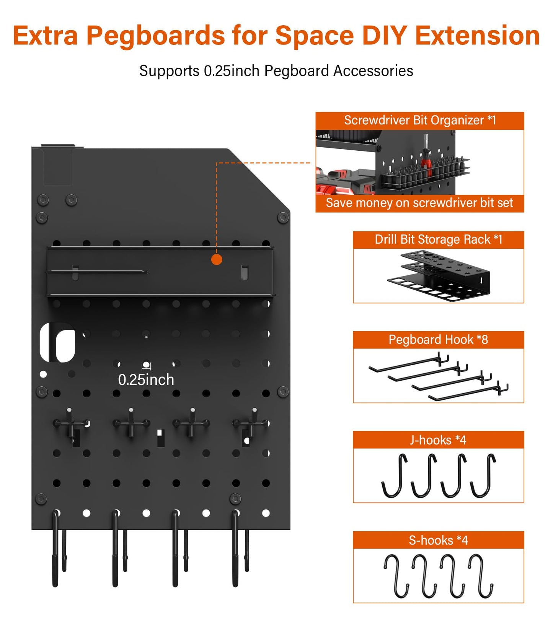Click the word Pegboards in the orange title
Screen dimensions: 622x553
coord(155,36)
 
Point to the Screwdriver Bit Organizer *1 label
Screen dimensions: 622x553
coord(420,120)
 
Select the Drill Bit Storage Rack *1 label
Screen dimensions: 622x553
coord(438,239)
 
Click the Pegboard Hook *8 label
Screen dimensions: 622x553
coord(438,340)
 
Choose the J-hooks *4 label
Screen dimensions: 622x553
coord(438,440)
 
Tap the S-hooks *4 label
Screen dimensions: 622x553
coord(438,540)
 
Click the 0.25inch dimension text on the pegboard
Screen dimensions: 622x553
coord(146,380)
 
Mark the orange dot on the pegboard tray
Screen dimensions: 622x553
coord(217,260)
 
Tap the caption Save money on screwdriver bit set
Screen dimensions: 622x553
coord(419,203)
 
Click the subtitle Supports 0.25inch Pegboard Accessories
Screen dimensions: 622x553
coord(276,71)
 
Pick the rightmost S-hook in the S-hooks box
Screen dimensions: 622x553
coord(481,576)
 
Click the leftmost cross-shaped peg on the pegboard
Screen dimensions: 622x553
coord(70,423)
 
